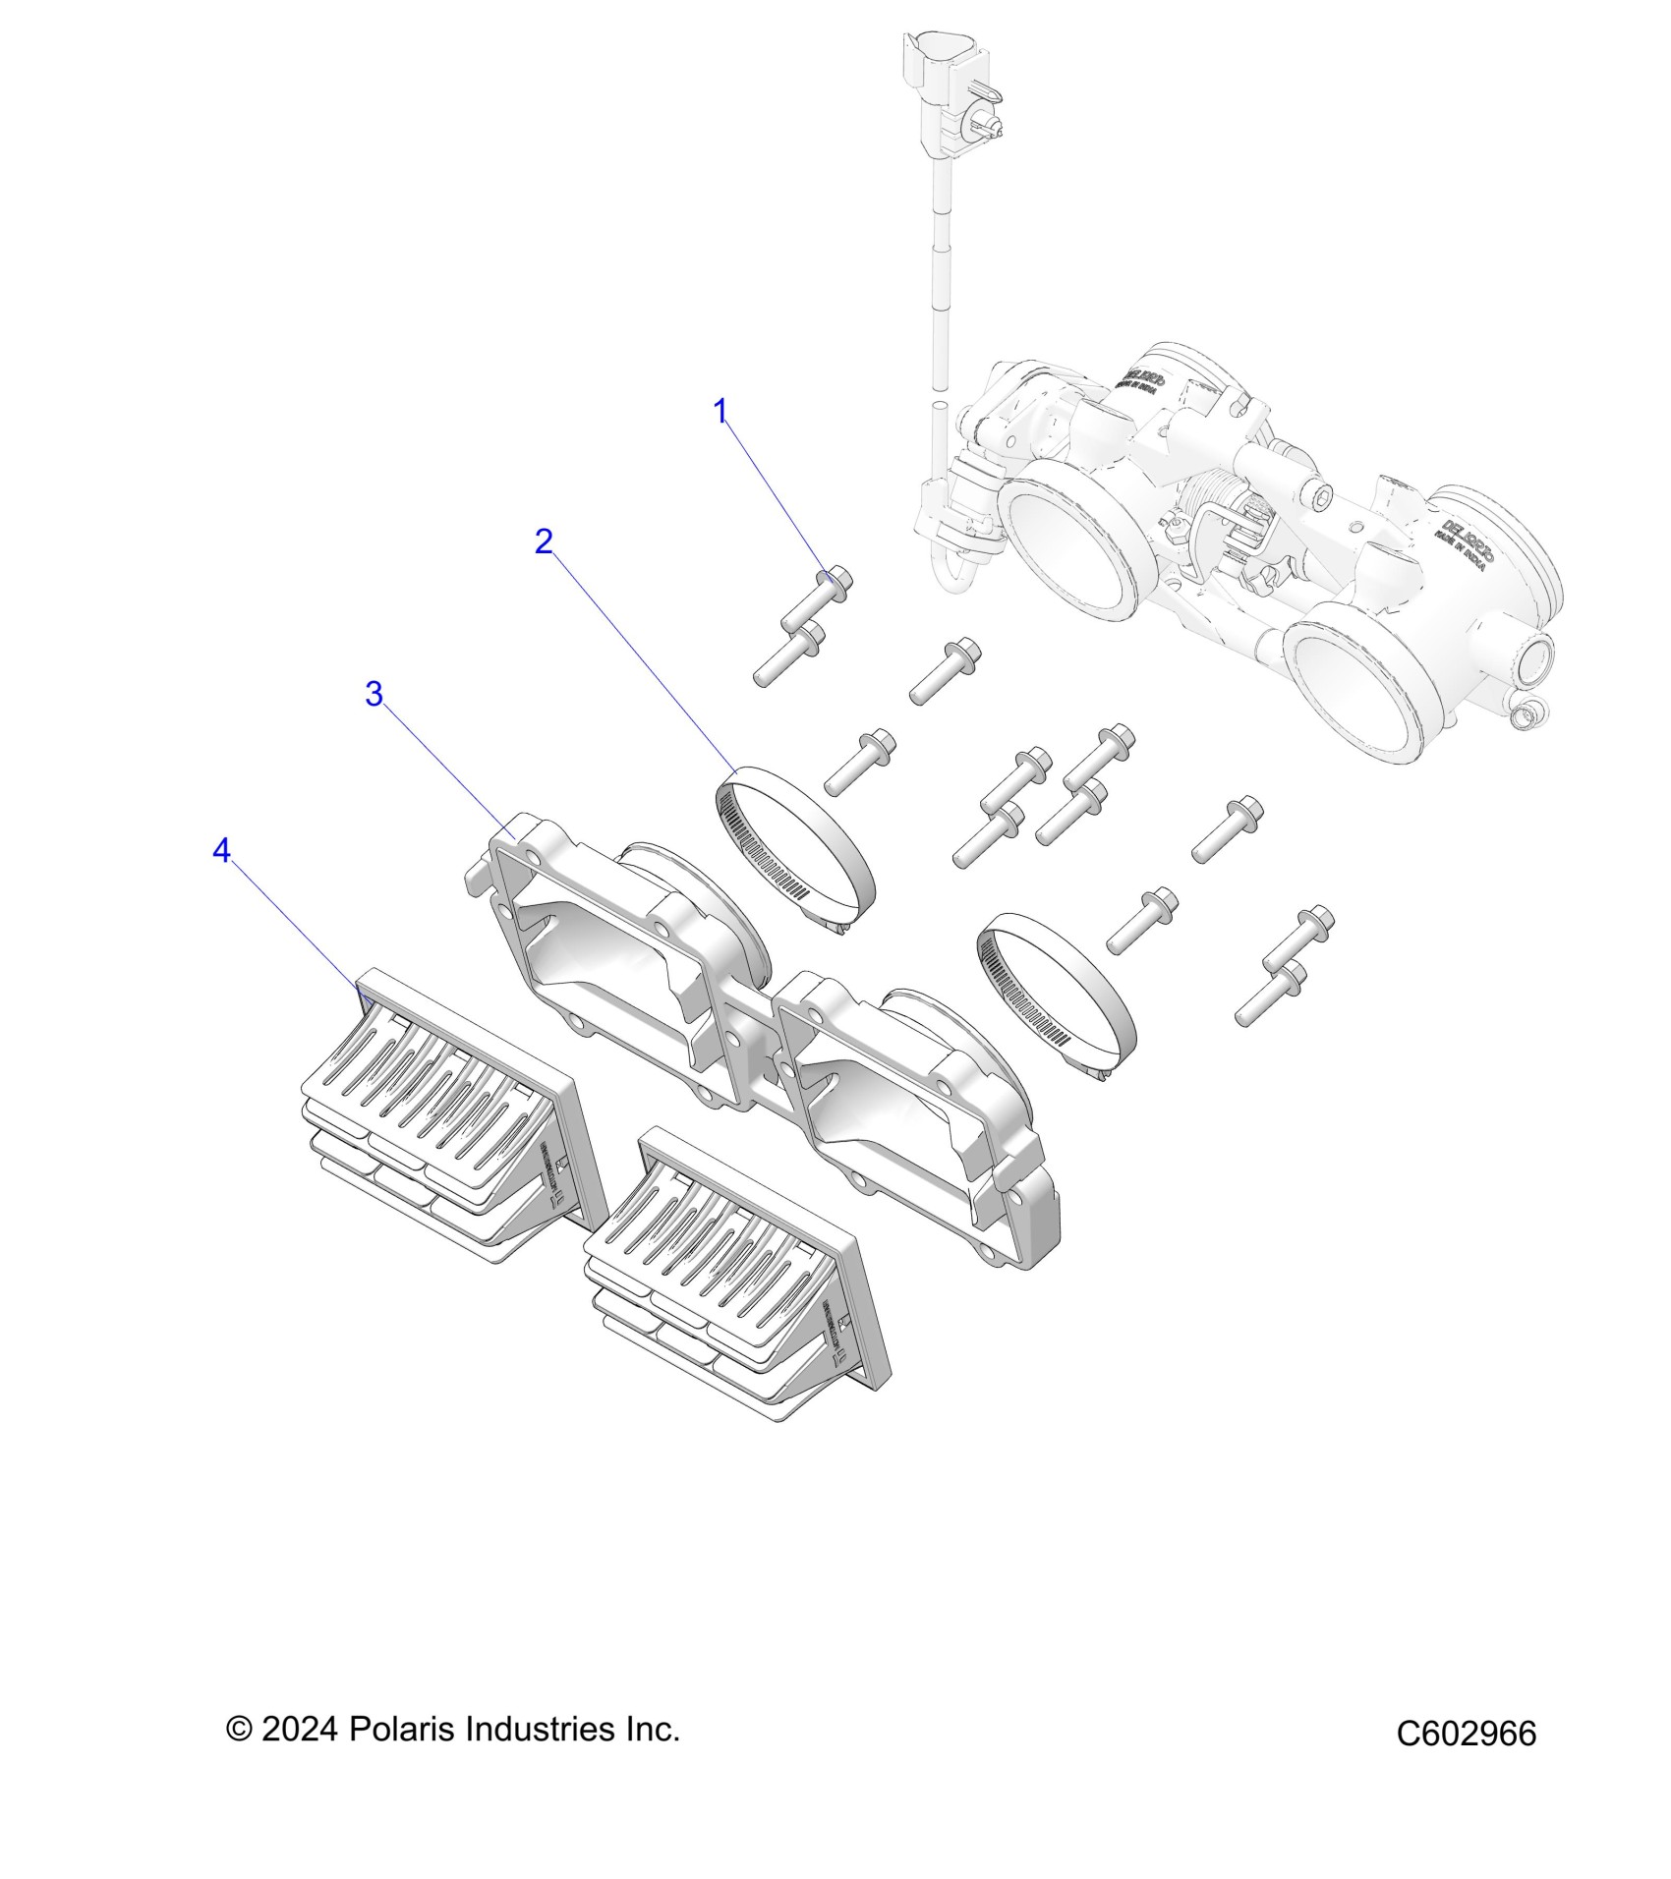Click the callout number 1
tap(720, 412)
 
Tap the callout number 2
tap(544, 541)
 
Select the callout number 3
tap(374, 694)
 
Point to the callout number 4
tap(221, 851)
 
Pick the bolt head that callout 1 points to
tap(835, 581)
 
